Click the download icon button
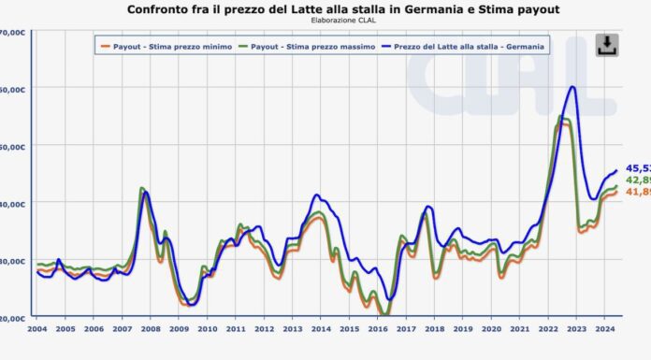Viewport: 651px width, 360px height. pos(606,45)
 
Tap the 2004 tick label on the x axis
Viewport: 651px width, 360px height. pos(37,329)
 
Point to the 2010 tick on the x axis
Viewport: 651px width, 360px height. pos(207,329)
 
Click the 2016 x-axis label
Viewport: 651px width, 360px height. pos(378,329)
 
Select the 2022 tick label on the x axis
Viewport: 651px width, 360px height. pos(548,329)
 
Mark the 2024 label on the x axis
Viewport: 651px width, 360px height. pos(604,329)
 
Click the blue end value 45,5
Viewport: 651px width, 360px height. pos(637,167)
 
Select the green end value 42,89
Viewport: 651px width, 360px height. pos(637,180)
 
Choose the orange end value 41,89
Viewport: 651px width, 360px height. pos(637,192)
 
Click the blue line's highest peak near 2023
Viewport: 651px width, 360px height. pos(572,87)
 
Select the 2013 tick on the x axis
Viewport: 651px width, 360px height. pos(293,329)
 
